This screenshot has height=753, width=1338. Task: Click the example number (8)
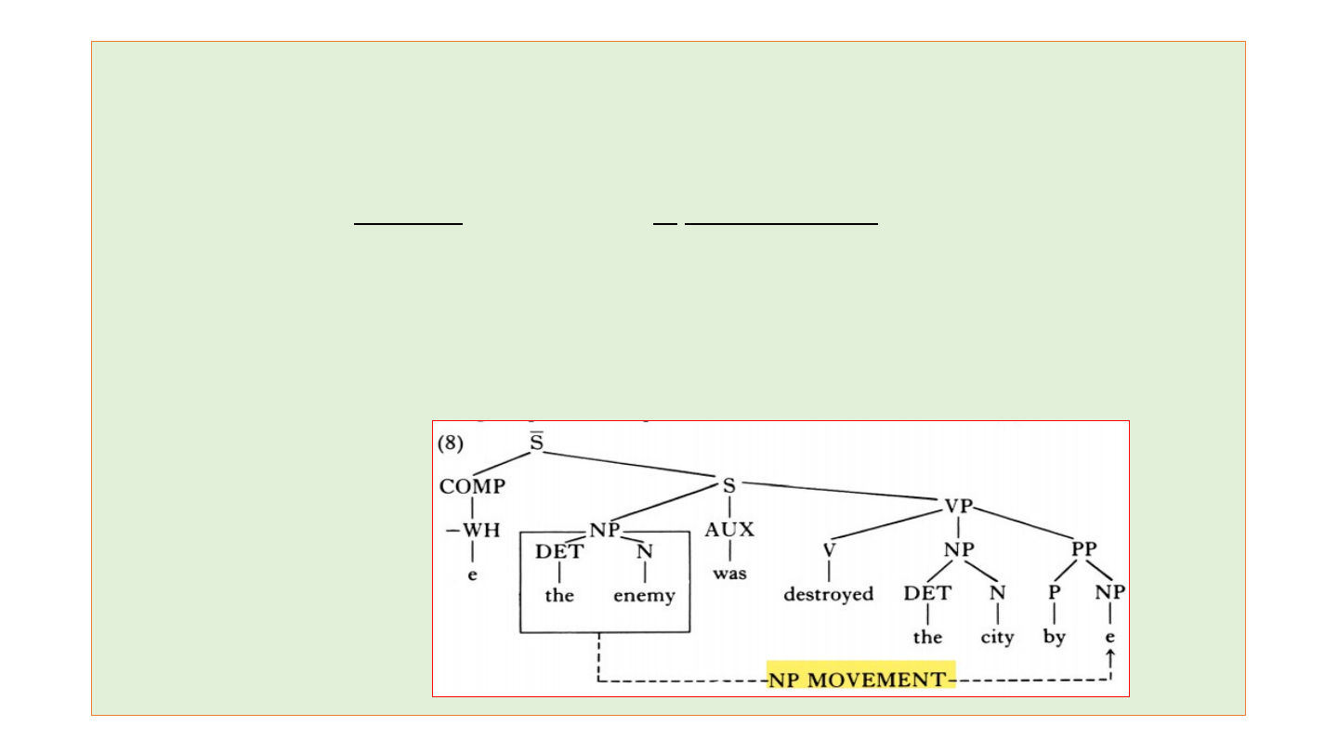(450, 443)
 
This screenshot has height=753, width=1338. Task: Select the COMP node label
(472, 486)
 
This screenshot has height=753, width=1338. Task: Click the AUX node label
(729, 530)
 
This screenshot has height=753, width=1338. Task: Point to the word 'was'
(729, 574)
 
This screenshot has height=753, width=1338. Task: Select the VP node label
(958, 506)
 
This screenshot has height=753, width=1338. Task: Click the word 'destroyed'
(828, 594)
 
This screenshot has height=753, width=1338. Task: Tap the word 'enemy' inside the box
(644, 595)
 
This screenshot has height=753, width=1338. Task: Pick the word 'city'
(997, 638)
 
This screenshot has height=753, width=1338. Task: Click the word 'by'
(1054, 638)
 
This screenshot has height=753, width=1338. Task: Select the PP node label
(1083, 548)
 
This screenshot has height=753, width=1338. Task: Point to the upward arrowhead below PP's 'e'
(1109, 657)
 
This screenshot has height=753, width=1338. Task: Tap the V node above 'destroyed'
(829, 550)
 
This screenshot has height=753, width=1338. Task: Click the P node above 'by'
(1054, 593)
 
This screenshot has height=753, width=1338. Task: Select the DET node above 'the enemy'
(559, 551)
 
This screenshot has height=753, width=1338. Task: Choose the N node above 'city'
(997, 593)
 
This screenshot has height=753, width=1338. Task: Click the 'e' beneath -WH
(472, 575)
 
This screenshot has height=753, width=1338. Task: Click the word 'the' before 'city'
(927, 638)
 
